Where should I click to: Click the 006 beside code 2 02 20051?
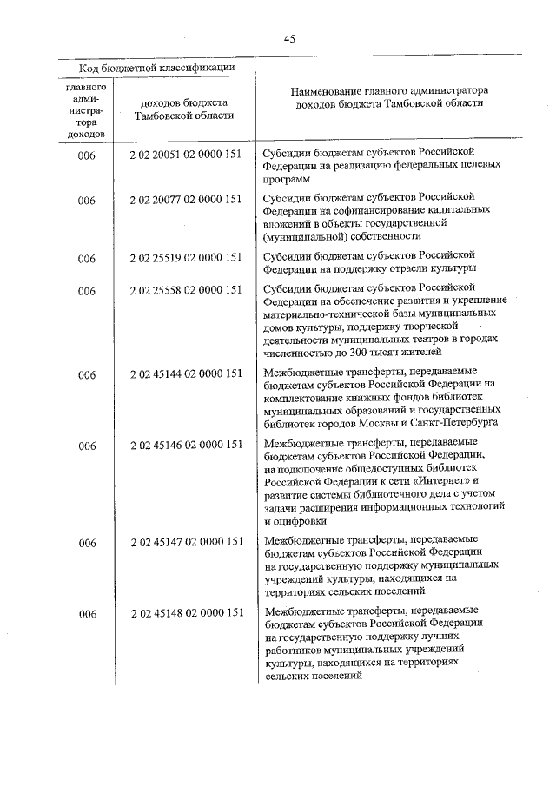point(86,154)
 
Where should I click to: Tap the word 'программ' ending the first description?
point(285,180)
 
